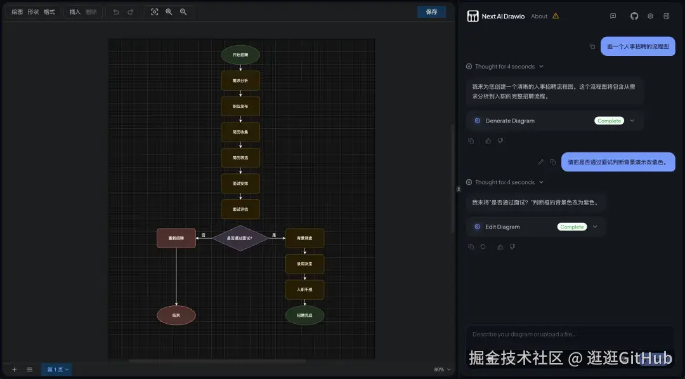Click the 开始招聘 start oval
(x=240, y=55)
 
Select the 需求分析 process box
(x=240, y=81)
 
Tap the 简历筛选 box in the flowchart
(x=240, y=157)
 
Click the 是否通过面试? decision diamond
(x=240, y=238)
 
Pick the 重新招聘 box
(x=176, y=238)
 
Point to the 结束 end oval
(x=176, y=315)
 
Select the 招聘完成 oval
(x=304, y=315)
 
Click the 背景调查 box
(x=304, y=238)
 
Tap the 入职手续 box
(x=304, y=289)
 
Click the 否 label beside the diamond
(x=204, y=235)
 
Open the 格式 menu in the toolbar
(x=49, y=12)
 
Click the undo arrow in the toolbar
(x=116, y=12)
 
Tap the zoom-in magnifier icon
(x=169, y=12)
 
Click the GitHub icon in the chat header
(x=634, y=16)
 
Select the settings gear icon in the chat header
(x=650, y=16)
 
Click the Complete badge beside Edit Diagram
(x=572, y=227)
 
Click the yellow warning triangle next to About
(x=556, y=16)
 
